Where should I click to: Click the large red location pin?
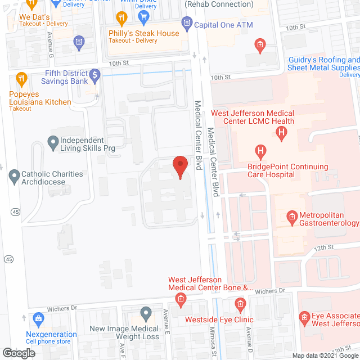tap(179, 167)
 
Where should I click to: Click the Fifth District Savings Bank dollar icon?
tap(95, 74)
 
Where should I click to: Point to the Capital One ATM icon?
tap(187, 24)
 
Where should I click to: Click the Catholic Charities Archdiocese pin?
tap(15, 178)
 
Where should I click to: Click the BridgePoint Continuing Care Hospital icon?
tap(260, 151)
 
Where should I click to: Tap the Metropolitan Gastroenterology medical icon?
tap(292, 215)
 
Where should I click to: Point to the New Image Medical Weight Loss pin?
tap(146, 313)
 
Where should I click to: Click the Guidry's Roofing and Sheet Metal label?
tap(323, 64)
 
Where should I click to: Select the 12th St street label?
tap(324, 247)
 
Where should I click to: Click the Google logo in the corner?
tap(18, 353)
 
